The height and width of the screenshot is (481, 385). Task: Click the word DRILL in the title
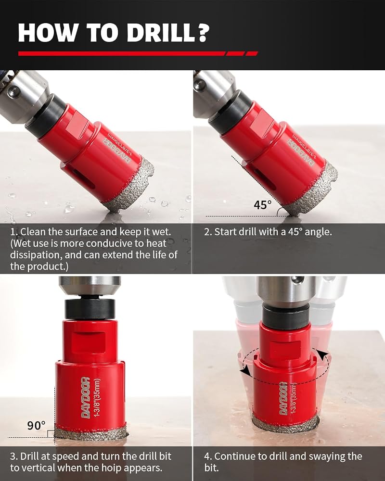pyautogui.click(x=161, y=32)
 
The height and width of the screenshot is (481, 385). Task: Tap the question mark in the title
pyautogui.click(x=203, y=32)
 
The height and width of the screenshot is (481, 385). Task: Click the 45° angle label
pyautogui.click(x=262, y=204)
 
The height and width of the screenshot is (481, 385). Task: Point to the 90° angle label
pyautogui.click(x=36, y=426)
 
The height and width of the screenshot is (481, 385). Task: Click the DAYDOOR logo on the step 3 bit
pyautogui.click(x=86, y=398)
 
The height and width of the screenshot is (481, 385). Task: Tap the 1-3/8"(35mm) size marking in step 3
pyautogui.click(x=98, y=398)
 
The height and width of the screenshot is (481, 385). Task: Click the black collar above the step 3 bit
pyautogui.click(x=90, y=309)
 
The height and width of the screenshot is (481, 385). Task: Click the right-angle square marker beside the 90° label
pyautogui.click(x=51, y=434)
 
